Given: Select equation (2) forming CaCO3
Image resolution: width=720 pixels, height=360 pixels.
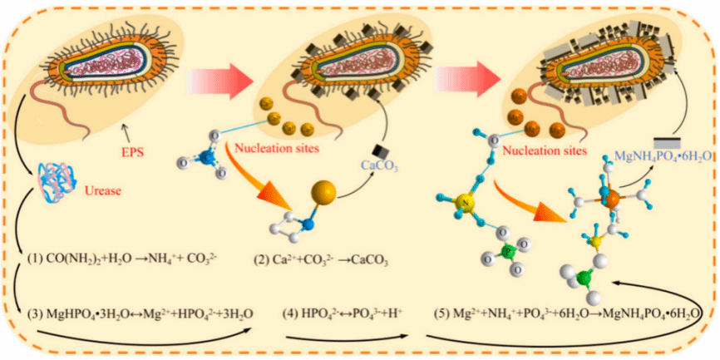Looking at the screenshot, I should (322, 259).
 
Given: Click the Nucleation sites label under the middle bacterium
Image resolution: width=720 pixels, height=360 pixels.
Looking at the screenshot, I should (278, 152).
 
